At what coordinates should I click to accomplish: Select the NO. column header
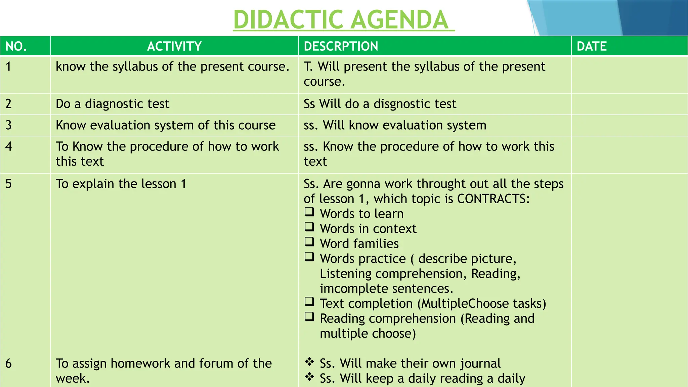coord(16,46)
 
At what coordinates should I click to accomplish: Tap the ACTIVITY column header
coord(174,46)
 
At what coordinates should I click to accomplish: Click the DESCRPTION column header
coord(341,46)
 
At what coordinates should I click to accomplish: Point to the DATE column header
coord(592,46)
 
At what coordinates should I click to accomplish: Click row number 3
coord(9,125)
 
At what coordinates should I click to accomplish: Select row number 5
coord(9,184)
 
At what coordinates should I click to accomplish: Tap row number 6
coord(9,363)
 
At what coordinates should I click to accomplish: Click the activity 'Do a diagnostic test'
coord(113,104)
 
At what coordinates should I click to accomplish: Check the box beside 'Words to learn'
coord(309,212)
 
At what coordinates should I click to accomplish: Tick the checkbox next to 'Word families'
coord(309,242)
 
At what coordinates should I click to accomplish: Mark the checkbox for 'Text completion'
coord(309,302)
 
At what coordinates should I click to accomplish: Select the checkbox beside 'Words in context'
coord(309,227)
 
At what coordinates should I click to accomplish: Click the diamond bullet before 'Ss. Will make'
coord(309,362)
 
